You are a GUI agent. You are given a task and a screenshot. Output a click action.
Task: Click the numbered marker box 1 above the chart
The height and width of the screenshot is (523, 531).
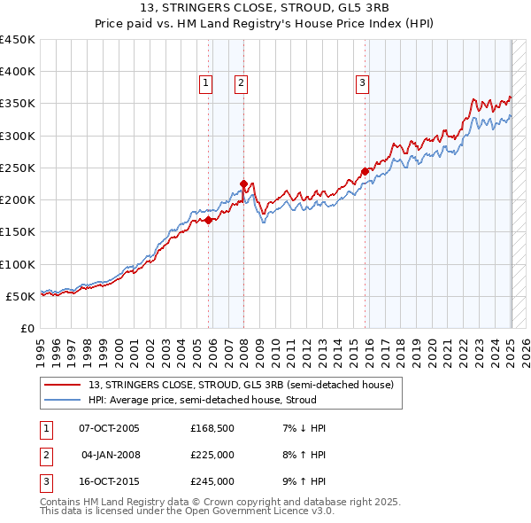205,83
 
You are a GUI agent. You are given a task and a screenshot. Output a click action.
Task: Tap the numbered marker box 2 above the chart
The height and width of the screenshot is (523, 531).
241,83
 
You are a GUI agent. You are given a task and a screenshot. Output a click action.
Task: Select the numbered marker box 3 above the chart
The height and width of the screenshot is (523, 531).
362,83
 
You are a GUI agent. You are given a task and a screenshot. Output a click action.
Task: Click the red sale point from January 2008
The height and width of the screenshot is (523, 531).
243,183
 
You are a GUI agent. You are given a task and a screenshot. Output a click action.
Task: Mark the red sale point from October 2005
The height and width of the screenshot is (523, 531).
209,221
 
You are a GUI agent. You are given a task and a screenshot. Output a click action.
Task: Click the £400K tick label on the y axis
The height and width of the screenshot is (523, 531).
18,72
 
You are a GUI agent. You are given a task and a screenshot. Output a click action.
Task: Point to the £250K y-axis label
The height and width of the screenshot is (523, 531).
18,168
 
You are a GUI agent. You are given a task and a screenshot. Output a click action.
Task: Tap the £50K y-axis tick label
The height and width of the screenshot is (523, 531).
21,296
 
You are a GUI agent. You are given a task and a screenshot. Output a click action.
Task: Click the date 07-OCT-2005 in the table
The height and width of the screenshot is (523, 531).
109,428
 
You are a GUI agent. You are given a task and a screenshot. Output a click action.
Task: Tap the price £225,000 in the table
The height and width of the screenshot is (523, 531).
212,455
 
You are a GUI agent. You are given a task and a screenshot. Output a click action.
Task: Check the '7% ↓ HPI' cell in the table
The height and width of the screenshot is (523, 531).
303,428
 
